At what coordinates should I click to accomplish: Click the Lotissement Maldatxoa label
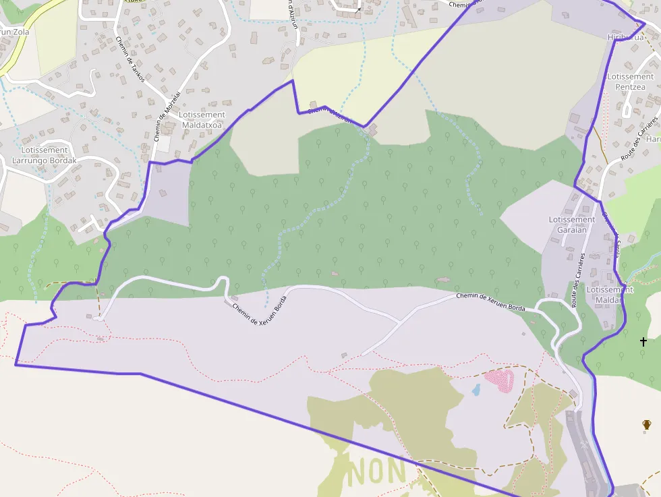202,119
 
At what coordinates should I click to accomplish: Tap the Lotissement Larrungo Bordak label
45,155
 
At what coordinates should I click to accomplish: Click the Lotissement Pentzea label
631,82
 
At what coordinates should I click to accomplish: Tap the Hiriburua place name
625,37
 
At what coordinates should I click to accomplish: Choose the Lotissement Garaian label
572,225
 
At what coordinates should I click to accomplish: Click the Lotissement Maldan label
610,295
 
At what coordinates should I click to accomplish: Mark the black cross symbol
643,342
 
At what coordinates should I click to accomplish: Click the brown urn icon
647,425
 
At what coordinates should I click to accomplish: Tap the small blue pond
476,390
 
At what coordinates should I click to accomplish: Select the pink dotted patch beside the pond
500,380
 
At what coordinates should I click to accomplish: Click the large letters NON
377,470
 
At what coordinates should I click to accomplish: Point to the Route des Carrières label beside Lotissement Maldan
579,281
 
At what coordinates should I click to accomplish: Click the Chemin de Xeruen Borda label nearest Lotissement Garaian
490,301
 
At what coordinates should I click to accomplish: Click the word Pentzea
631,87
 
